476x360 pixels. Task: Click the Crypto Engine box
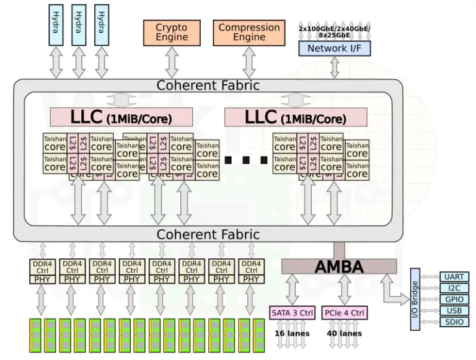[172, 32]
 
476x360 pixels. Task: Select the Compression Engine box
[249, 32]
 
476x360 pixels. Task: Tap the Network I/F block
[335, 48]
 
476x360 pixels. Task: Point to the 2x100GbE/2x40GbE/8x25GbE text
[335, 32]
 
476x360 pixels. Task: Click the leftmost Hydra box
[56, 24]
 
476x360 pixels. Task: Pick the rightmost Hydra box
[101, 24]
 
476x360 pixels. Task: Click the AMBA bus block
[339, 266]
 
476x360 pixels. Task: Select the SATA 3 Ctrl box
[293, 312]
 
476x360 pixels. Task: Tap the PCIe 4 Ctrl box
[344, 312]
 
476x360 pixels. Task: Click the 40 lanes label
[344, 333]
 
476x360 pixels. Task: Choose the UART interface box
[454, 277]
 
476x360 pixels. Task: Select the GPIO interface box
[454, 299]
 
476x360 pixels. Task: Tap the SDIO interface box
[454, 322]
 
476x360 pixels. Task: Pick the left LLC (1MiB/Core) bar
[121, 116]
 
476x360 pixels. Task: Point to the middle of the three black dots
[246, 160]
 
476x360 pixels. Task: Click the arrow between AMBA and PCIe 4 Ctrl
[344, 289]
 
